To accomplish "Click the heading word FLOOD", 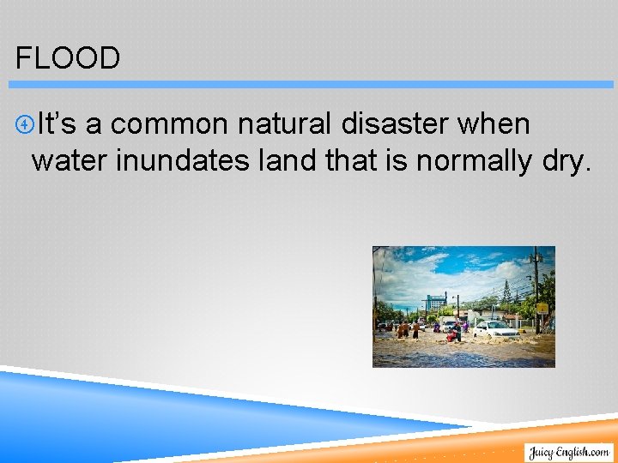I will point(68,58).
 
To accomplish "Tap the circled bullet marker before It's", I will point(25,125).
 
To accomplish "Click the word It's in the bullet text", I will point(57,124).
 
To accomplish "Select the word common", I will point(169,124).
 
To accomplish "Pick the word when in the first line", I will point(494,124).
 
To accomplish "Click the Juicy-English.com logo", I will point(568,452).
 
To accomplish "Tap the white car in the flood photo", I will point(495,329).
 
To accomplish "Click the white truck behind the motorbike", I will point(448,323).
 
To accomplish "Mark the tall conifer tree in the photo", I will point(506,294).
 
